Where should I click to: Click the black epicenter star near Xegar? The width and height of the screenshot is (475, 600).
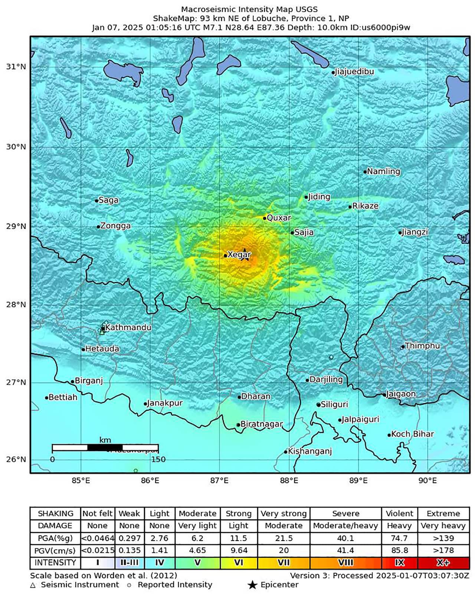tap(245, 254)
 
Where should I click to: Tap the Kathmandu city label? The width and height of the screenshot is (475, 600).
tap(128, 327)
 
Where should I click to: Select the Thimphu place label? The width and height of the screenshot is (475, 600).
tap(422, 346)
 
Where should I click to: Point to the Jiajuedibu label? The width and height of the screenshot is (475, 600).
tap(354, 72)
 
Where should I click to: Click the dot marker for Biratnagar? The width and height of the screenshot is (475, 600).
tap(238, 425)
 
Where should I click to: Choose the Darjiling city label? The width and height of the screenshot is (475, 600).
tap(326, 379)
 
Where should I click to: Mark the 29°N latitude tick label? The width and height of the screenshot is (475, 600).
tap(16, 226)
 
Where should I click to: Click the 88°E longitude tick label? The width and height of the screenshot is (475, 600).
tap(289, 481)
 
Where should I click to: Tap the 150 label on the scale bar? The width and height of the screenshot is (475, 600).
tap(158, 459)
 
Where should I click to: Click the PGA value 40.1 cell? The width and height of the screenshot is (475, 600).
tap(345, 538)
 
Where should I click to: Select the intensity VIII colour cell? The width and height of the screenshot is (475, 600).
tap(345, 562)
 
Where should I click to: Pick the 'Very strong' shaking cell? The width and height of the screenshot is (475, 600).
tap(284, 513)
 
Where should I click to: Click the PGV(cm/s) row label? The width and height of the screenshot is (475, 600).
tap(55, 550)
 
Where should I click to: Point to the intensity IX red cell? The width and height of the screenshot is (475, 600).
tap(399, 562)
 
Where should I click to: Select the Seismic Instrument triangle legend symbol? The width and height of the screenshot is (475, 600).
tap(33, 585)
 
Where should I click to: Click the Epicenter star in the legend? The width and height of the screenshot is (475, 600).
tap(252, 585)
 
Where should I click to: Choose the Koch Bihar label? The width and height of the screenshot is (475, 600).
tap(412, 434)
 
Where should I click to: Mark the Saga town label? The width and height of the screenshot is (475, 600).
tap(108, 200)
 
